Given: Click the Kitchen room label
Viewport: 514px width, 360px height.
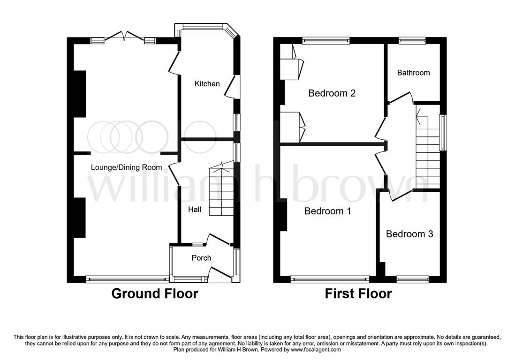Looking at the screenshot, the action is coord(207,84).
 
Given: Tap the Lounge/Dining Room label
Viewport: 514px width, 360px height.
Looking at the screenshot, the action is coord(126,167).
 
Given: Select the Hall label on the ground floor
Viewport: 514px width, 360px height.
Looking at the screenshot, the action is coord(194,210).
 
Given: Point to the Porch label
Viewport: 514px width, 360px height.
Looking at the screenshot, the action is coord(201,258).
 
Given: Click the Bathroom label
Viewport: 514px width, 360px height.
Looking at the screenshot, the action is coord(413,73).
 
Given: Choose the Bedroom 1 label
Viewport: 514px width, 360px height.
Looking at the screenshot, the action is coord(327,211).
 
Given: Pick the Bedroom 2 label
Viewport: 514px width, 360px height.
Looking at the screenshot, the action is coord(332,93).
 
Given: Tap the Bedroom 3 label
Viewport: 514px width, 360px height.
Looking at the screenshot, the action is coord(409,234).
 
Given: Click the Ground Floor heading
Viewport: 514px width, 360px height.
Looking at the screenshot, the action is coord(155,293).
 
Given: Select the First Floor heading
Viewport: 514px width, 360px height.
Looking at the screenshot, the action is coord(358,293).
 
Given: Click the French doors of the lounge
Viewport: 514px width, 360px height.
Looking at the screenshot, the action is coord(125,37).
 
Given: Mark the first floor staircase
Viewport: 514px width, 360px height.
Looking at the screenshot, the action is coord(427,147).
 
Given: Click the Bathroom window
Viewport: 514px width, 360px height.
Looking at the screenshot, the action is coord(412,41).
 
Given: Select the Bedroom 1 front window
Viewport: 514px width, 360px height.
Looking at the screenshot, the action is coord(330,279).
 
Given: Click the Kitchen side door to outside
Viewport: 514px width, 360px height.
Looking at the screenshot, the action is coord(232,86).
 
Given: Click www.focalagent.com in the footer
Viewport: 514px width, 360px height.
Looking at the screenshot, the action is coord(316,350).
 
